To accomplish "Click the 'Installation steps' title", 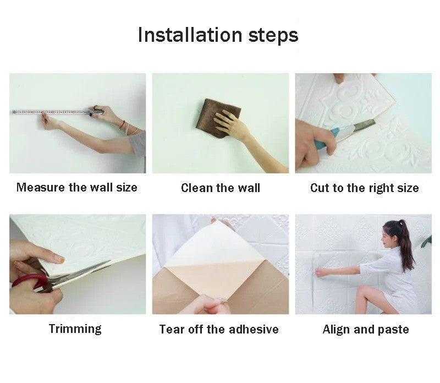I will click(218, 35).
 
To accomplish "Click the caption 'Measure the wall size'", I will click(77, 187).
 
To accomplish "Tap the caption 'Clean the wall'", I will click(220, 188).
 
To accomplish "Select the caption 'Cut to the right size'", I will click(364, 188).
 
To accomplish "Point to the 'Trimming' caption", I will click(75, 329).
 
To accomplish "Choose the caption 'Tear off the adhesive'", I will click(219, 329).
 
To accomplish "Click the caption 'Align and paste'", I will click(366, 329).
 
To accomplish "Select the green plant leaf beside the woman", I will click(426, 241).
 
